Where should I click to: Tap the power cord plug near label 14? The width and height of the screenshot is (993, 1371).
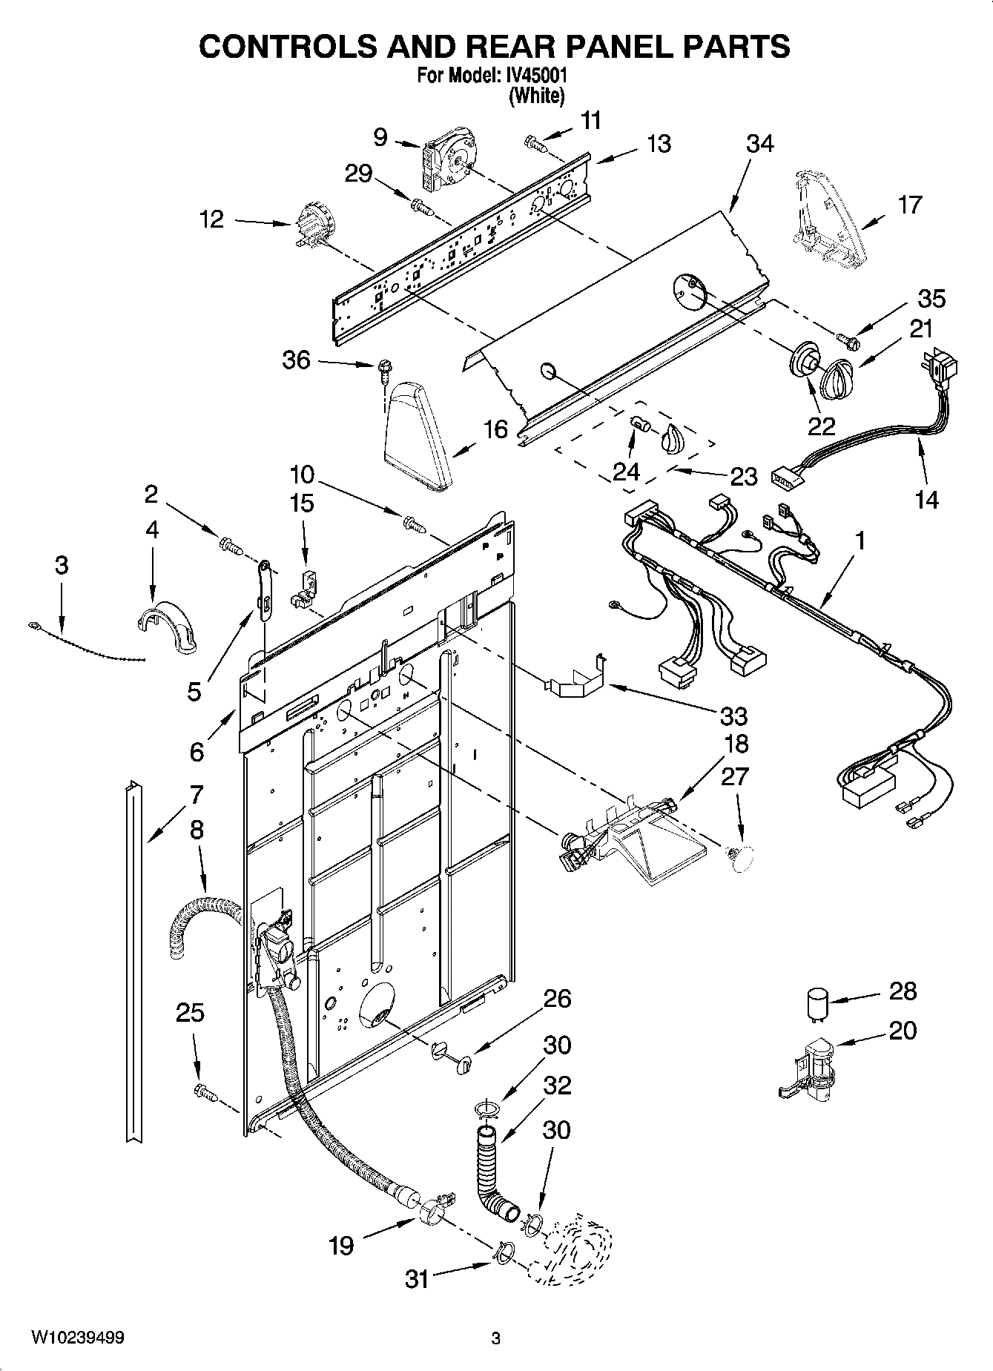(943, 369)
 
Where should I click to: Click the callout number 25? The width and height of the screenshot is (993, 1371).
(189, 1012)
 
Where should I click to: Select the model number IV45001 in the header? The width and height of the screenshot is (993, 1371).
(536, 76)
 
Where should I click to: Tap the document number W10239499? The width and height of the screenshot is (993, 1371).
(78, 1338)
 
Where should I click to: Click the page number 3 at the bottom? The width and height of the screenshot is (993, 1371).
(496, 1338)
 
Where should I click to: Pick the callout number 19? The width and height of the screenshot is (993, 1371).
(341, 1245)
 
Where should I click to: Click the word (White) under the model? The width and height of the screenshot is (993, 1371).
(536, 96)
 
